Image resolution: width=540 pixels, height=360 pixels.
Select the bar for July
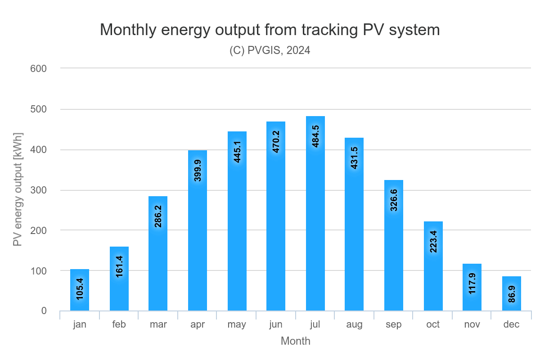pyautogui.click(x=315, y=214)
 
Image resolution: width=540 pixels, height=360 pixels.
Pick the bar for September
pyautogui.click(x=394, y=245)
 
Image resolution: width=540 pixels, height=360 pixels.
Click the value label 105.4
pyautogui.click(x=80, y=289)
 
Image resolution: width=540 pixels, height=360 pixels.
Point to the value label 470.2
pyautogui.click(x=276, y=142)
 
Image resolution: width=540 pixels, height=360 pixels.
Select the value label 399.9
pyautogui.click(x=198, y=170)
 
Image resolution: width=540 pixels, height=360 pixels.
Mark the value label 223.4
pyautogui.click(x=433, y=241)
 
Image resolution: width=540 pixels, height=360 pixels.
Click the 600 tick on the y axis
pyautogui.click(x=38, y=68)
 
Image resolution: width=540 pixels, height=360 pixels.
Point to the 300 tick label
pyautogui.click(x=38, y=190)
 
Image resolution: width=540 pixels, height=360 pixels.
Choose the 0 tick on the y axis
pyautogui.click(x=44, y=311)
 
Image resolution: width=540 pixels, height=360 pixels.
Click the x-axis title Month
pyautogui.click(x=295, y=341)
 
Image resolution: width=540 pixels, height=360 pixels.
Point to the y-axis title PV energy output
pyautogui.click(x=18, y=189)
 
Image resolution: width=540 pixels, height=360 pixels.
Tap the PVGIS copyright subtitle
pyautogui.click(x=270, y=50)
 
